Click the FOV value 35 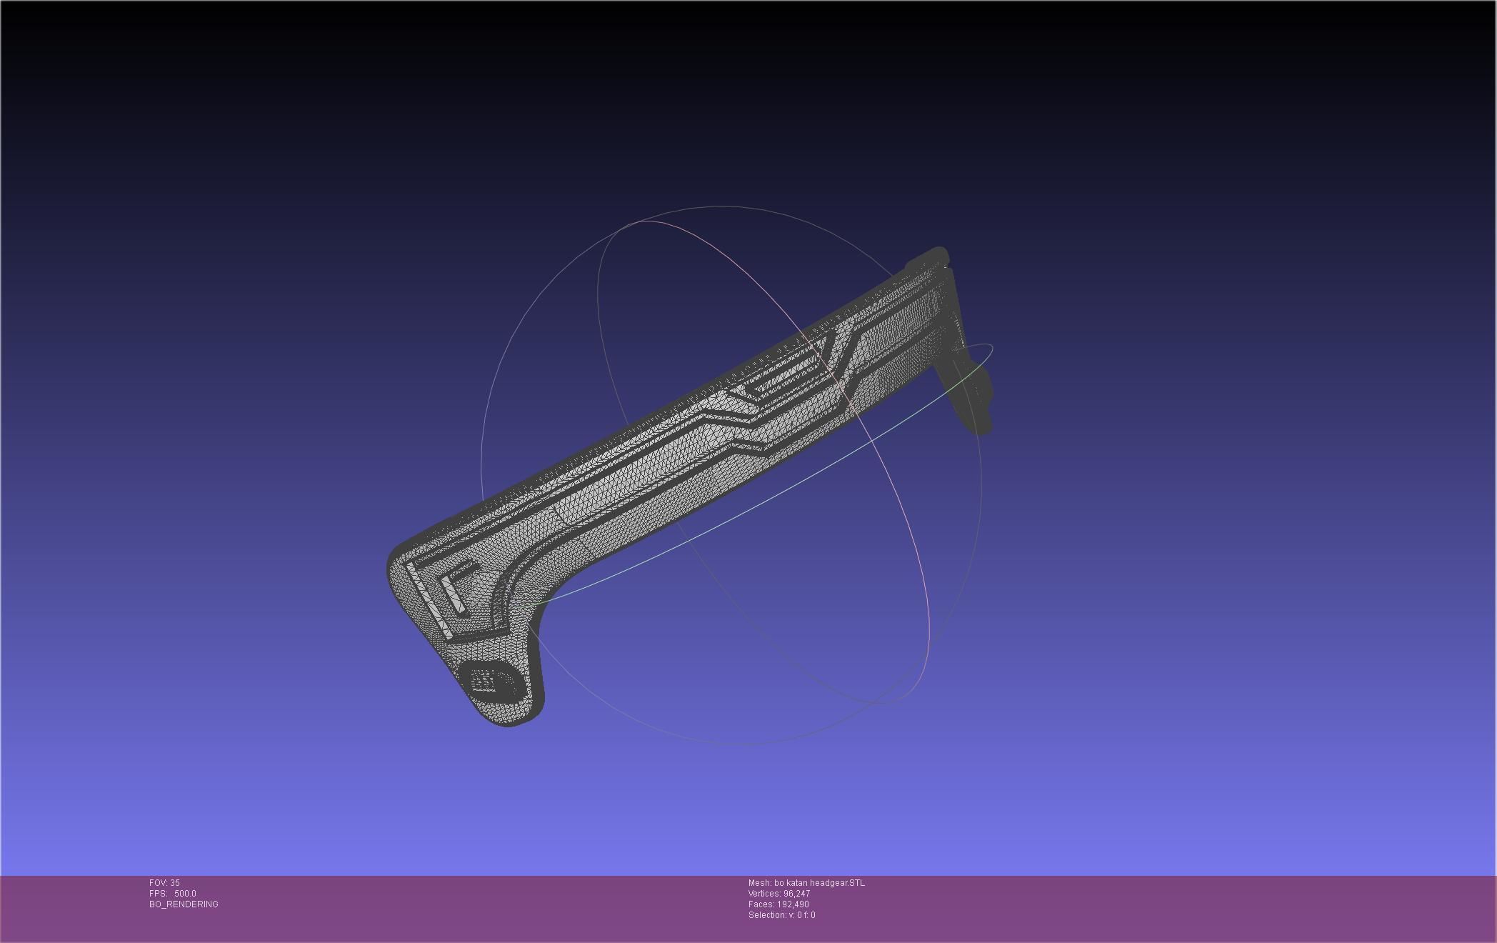click(175, 883)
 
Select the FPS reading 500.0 click(185, 894)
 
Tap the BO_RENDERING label click(184, 904)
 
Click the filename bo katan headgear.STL click(819, 883)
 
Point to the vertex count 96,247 click(796, 894)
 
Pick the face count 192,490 click(793, 904)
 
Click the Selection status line click(781, 915)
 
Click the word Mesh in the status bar click(759, 883)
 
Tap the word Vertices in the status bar click(764, 894)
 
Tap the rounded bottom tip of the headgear click(509, 720)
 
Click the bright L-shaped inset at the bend click(457, 586)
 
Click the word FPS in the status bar click(157, 894)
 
